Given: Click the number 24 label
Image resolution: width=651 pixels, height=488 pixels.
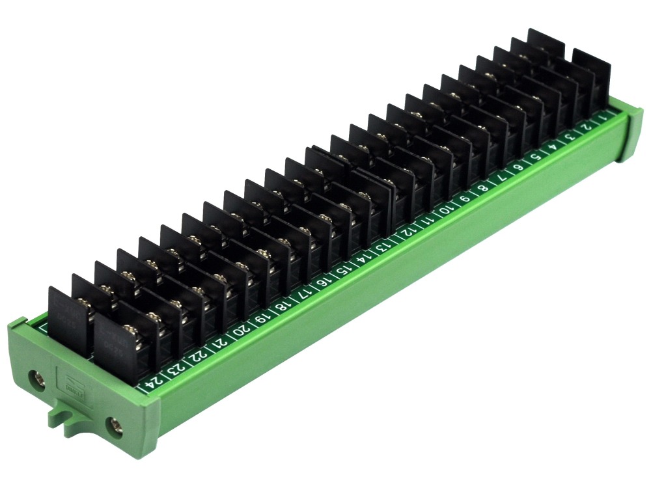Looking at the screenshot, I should click(153, 381).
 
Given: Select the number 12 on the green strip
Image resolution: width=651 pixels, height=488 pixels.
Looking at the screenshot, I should click(408, 230).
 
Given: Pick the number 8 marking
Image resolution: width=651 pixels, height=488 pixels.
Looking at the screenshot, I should click(482, 189).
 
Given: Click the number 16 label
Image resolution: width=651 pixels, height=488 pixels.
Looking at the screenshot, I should click(324, 280).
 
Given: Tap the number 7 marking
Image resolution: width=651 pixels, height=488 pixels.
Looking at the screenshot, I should click(501, 178).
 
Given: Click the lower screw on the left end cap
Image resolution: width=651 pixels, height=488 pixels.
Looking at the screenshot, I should click(115, 427).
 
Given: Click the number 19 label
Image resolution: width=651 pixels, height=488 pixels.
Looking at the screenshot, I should click(261, 317).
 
